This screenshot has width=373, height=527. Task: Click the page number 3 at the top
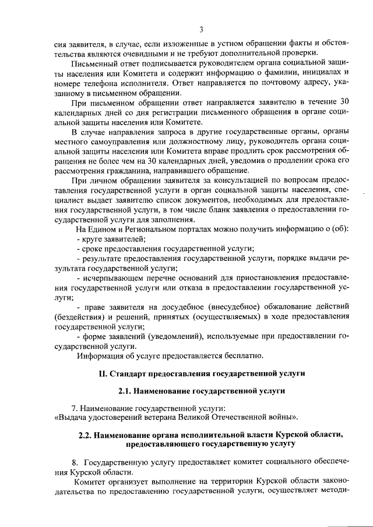[200, 30]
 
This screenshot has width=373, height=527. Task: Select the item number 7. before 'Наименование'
[74, 409]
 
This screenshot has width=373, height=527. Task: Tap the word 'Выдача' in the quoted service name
[72, 418]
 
